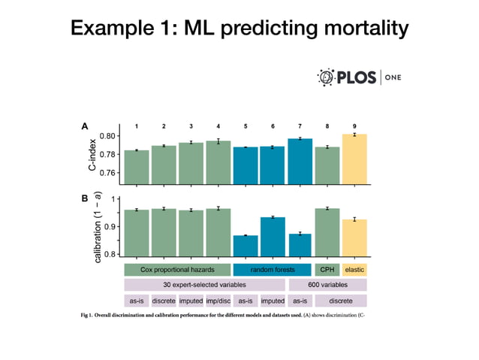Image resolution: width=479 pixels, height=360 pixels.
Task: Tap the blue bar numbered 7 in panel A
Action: point(300,162)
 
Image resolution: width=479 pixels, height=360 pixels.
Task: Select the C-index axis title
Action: point(92,156)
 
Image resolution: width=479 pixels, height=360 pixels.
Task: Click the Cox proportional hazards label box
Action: point(177,269)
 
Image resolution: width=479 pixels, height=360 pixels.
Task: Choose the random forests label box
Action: point(272,269)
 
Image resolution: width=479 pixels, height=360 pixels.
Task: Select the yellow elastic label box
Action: point(354,269)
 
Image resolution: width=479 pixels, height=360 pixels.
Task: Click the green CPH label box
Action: point(327,269)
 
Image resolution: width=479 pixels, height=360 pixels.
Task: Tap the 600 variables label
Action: point(327,285)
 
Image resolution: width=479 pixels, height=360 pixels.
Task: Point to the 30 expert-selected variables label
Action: point(204,285)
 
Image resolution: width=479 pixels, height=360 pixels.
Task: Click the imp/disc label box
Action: point(218,301)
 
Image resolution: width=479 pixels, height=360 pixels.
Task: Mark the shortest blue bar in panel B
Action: point(245,246)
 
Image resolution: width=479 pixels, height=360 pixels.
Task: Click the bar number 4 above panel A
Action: point(218,126)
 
